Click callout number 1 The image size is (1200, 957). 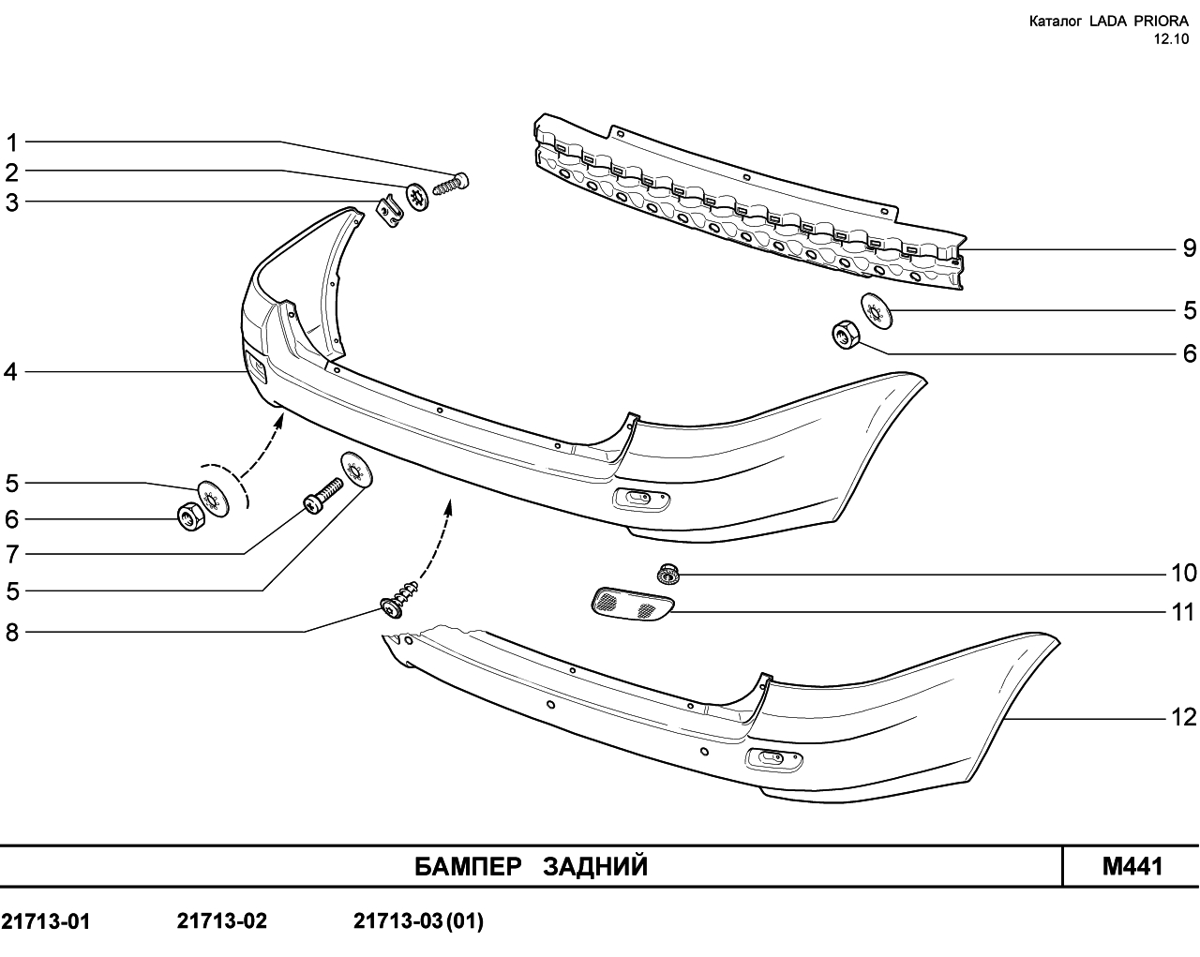(12, 143)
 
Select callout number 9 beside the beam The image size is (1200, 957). (1190, 247)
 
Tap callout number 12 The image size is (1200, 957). (1184, 717)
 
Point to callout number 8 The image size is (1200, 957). (12, 633)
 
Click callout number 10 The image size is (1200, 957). (1184, 574)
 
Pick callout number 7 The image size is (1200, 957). (12, 554)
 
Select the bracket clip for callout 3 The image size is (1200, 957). (390, 211)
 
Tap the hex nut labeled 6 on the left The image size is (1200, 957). (190, 516)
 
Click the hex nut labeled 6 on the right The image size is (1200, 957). (846, 335)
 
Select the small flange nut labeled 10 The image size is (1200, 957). (667, 574)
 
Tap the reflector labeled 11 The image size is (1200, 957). (632, 603)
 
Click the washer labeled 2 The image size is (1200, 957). (417, 197)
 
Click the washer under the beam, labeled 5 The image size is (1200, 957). (877, 311)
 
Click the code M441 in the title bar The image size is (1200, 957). (1132, 866)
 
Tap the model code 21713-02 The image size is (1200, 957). (222, 920)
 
